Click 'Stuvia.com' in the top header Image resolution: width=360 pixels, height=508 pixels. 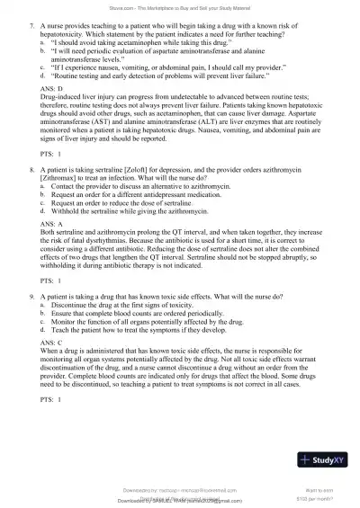(x=126, y=4)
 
